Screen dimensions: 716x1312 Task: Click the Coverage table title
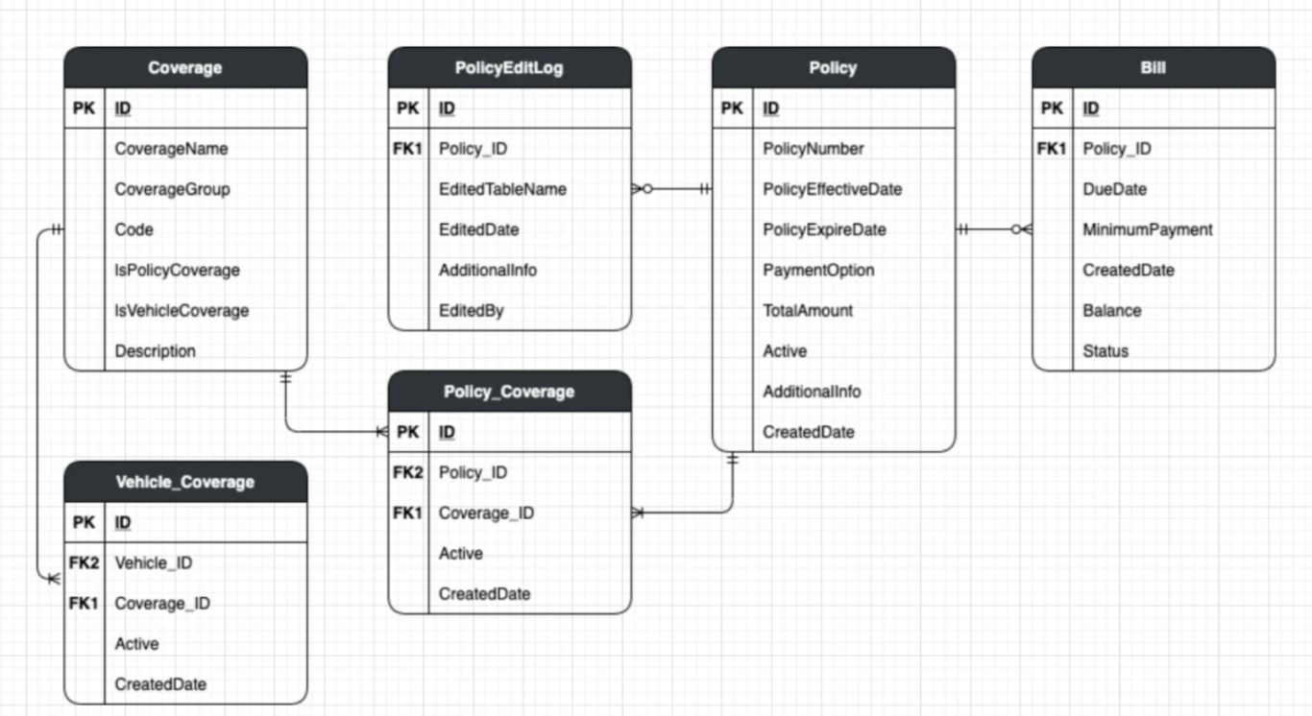(185, 68)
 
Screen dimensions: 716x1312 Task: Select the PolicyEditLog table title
(509, 68)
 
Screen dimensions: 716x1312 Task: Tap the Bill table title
(1154, 68)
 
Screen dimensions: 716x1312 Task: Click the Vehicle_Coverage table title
(185, 482)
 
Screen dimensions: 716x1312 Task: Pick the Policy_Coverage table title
(509, 392)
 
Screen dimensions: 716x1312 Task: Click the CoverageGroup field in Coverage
(172, 189)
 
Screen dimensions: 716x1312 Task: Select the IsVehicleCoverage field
(182, 311)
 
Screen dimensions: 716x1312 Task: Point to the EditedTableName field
(502, 189)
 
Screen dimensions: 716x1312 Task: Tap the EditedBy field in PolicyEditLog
(471, 311)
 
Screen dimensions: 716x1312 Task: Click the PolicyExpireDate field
(824, 230)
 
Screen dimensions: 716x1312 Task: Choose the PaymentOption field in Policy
(818, 271)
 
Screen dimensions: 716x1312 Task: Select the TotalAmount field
(808, 311)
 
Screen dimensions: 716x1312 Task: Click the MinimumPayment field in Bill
(1148, 230)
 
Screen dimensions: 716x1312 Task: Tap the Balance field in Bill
(1112, 311)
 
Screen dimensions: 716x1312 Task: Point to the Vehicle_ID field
(153, 563)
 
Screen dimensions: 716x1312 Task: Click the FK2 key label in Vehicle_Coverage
(84, 563)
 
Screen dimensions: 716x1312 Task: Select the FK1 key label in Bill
(1052, 149)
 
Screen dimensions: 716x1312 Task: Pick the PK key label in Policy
(732, 108)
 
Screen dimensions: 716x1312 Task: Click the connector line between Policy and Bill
(993, 229)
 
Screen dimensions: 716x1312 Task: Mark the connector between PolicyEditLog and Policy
(672, 189)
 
